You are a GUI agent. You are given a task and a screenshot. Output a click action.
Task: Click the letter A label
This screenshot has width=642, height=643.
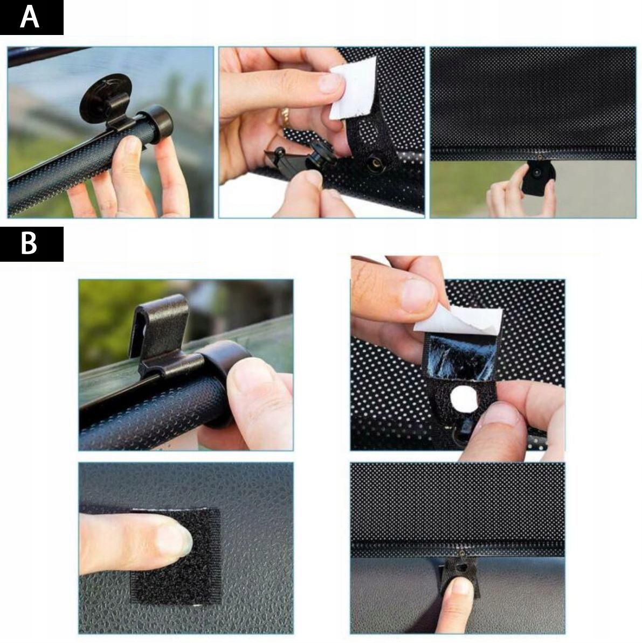click(x=30, y=17)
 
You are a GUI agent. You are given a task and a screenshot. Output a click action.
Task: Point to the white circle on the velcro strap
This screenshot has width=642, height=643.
click(x=464, y=398)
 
